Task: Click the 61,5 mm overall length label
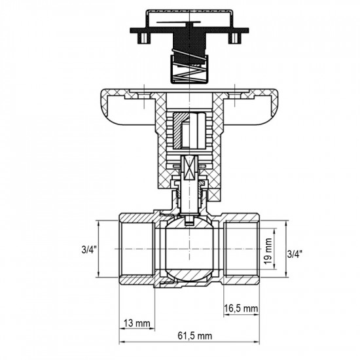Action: pyautogui.click(x=194, y=336)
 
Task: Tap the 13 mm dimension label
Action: pyautogui.click(x=137, y=323)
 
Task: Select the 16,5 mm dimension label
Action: pyautogui.click(x=241, y=308)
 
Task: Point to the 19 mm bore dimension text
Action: pyautogui.click(x=268, y=251)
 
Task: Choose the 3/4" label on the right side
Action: pyautogui.click(x=295, y=254)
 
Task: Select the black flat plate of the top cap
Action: pyautogui.click(x=189, y=30)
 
